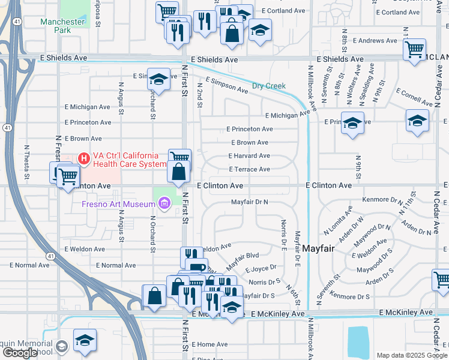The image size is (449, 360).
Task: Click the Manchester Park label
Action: [62, 26]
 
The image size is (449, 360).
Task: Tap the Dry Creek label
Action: [268, 86]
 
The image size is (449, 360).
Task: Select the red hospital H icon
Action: [84, 159]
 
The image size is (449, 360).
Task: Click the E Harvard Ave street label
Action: [249, 155]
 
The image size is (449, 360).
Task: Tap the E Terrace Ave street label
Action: [249, 169]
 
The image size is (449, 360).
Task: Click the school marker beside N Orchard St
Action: [158, 79]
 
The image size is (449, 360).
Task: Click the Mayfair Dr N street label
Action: [249, 202]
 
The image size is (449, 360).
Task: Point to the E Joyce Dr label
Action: [260, 267]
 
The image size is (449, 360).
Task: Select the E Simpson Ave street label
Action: [226, 85]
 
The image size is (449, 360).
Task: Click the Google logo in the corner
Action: [20, 353]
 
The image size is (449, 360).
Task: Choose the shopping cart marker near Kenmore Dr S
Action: [442, 280]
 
